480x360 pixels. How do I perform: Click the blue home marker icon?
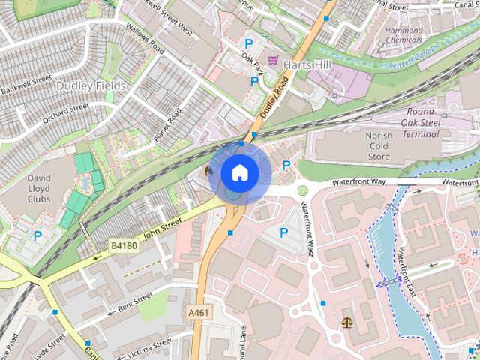coord(239,172)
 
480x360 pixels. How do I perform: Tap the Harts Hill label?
coord(307,64)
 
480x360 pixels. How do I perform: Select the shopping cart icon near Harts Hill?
coord(274,60)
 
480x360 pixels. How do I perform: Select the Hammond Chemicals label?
coord(403,34)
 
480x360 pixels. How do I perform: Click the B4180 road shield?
coord(124,245)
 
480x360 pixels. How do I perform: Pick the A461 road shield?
coord(198,312)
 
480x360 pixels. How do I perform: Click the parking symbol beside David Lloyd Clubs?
coord(37,235)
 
